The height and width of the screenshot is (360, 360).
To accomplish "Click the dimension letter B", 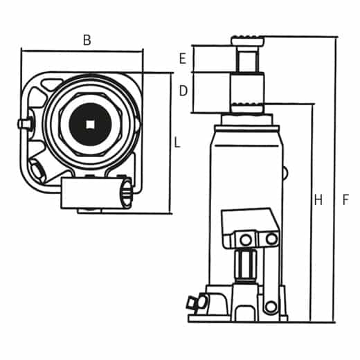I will (87, 40).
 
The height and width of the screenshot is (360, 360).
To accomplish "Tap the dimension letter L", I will (177, 143).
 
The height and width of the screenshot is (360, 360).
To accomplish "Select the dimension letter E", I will (183, 59).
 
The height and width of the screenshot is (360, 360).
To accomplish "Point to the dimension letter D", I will (183, 91).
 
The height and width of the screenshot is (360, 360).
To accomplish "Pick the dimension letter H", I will (318, 201).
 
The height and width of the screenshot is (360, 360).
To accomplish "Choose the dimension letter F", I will (345, 201).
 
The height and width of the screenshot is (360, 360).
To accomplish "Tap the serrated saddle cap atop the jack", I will (248, 41).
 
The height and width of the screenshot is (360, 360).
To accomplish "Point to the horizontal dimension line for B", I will (82, 51).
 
